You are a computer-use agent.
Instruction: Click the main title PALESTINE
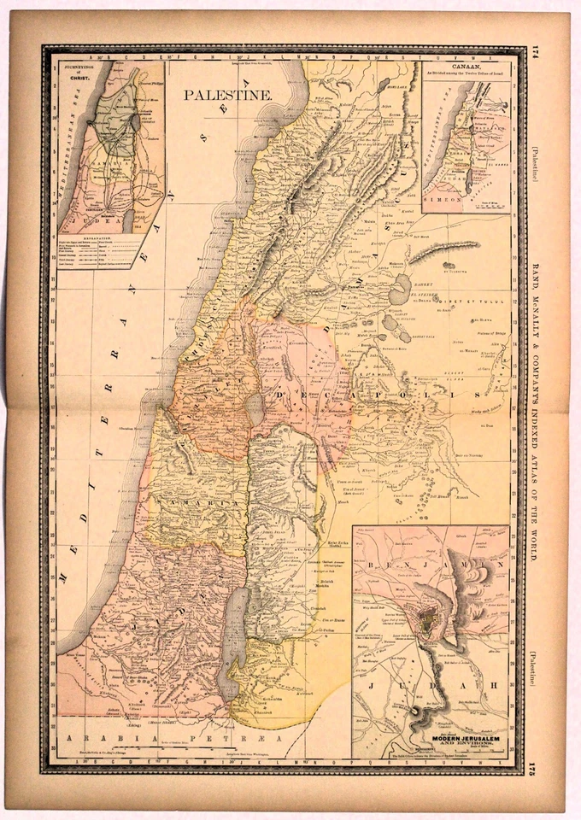[228, 95]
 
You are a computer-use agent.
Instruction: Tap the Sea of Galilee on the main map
[254, 407]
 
